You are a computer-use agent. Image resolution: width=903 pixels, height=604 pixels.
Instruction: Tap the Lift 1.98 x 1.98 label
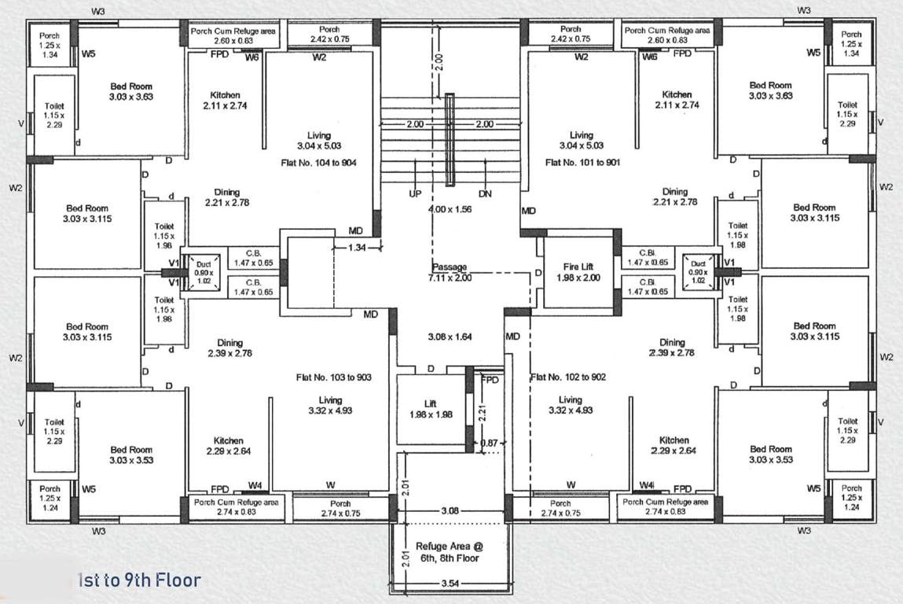click(431, 409)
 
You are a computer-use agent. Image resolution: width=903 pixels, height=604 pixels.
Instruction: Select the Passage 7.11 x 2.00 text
click(450, 272)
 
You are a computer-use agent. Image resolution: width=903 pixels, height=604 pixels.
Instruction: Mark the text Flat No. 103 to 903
click(334, 377)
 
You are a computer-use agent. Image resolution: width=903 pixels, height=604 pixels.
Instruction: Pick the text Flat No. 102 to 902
click(568, 377)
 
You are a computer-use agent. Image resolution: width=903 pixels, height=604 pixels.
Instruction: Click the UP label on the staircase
click(415, 193)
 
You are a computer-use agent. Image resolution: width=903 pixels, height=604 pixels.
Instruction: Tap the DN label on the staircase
click(485, 193)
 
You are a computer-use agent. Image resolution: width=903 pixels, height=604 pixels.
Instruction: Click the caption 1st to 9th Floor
click(140, 581)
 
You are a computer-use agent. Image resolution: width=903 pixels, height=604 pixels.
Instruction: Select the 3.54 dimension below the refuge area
click(450, 584)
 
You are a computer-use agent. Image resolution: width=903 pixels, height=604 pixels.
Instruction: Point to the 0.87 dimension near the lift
click(490, 444)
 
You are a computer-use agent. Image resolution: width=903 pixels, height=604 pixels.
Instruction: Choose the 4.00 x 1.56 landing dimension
click(450, 210)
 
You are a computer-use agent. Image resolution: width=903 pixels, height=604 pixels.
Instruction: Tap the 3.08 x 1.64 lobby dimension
click(450, 337)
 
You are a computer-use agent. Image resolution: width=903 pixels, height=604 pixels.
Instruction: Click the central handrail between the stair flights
click(450, 139)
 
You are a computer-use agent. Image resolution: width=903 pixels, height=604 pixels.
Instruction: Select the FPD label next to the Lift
click(490, 380)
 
